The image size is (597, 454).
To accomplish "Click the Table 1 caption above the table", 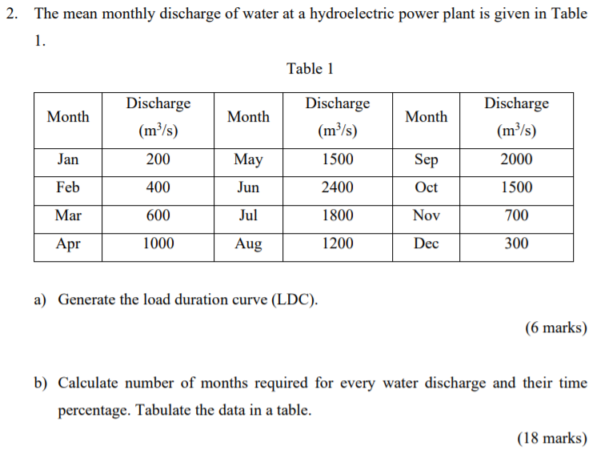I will tap(310, 69).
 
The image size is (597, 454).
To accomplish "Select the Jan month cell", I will tap(68, 159).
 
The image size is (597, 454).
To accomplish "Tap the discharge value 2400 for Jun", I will tap(337, 187).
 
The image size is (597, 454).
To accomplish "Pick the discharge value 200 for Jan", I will tap(158, 159).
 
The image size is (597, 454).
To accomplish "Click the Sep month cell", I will tap(426, 159).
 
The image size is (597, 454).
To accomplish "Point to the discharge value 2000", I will tap(516, 159).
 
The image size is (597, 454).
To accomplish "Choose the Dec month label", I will tap(426, 243).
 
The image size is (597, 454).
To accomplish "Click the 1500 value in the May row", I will tap(337, 159).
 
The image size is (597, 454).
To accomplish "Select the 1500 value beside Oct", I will tap(516, 187).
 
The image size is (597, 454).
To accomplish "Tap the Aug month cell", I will tap(248, 243).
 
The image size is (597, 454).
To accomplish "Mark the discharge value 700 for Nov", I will tap(516, 215).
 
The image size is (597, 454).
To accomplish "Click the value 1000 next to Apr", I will tap(158, 243).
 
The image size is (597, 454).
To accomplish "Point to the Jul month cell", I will tap(248, 215).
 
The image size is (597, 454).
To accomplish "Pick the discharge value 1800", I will tap(337, 215).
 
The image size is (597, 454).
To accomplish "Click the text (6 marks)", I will tap(555, 327).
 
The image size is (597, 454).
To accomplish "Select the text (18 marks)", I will tap(552, 438).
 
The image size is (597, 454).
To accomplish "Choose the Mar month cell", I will tap(68, 215).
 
